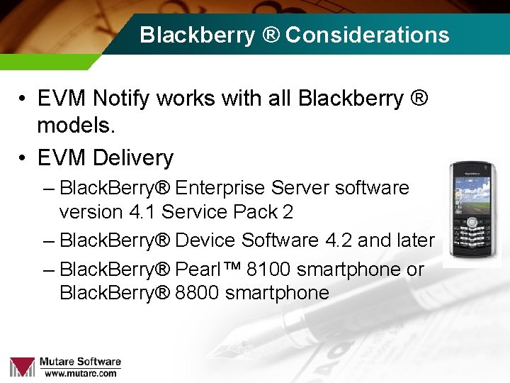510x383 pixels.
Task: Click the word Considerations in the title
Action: [367, 35]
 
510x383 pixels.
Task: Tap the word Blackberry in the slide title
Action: [197, 35]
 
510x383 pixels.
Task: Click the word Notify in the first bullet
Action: [121, 99]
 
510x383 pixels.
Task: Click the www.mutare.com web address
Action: [80, 373]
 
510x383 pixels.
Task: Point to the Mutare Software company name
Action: [80, 362]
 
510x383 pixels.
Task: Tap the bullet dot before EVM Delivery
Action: [23, 157]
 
